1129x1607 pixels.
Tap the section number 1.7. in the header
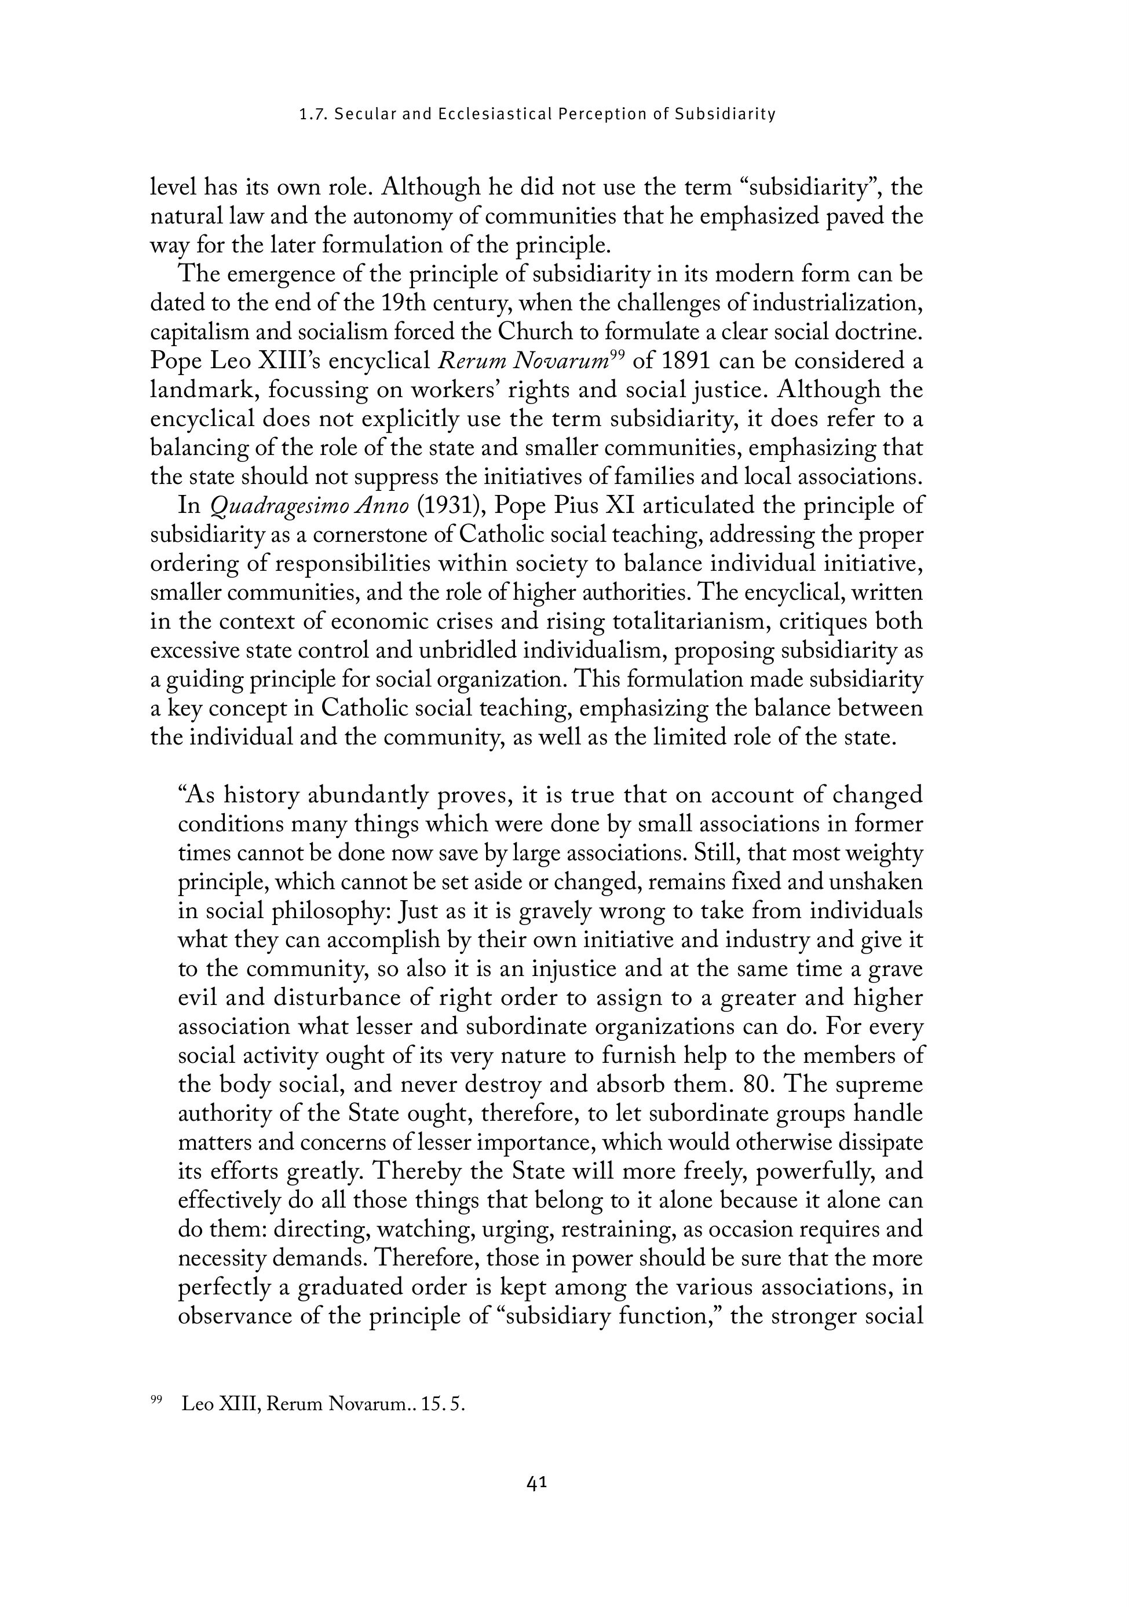312,114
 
